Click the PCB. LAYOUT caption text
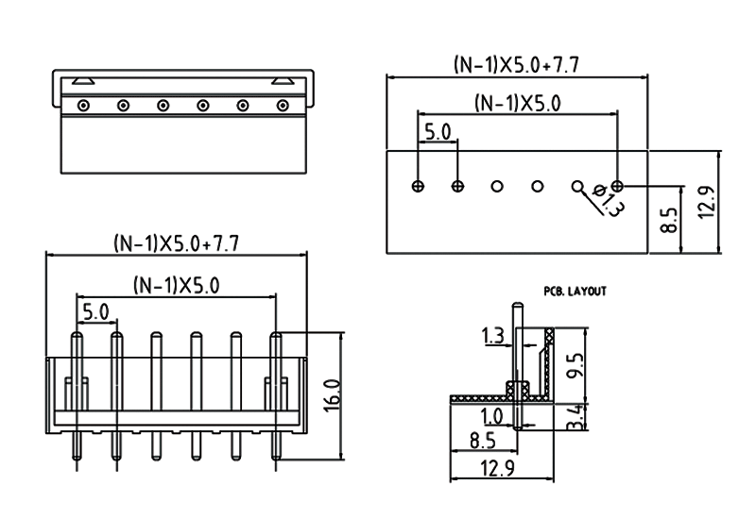click(575, 292)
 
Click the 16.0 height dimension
click(331, 393)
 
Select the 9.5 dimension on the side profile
click(576, 363)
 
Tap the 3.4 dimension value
click(576, 415)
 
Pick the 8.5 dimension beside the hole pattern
click(668, 219)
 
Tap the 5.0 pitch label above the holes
click(437, 131)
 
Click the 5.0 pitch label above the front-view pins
click(96, 310)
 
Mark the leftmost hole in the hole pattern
click(418, 186)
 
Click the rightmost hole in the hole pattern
click(618, 186)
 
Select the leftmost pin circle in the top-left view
click(84, 105)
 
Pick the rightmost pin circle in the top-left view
click(282, 105)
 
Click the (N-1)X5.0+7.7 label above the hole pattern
click(516, 64)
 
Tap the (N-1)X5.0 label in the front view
click(177, 284)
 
